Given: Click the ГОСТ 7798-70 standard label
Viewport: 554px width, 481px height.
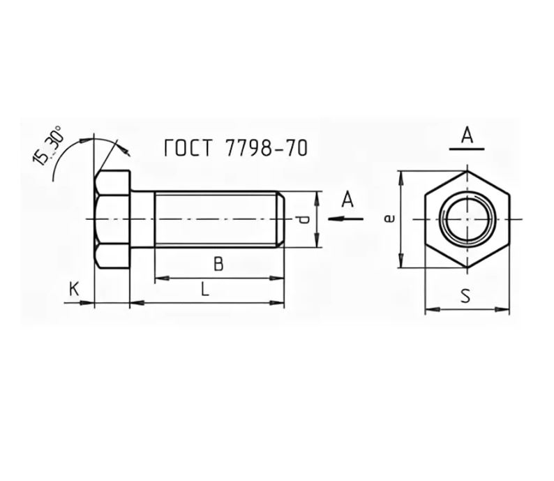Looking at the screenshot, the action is [236, 148].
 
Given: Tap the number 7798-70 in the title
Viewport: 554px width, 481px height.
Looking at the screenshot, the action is [266, 148].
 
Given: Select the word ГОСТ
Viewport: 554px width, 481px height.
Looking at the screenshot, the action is [188, 148].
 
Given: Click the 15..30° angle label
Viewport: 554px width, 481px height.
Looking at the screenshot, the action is [47, 146].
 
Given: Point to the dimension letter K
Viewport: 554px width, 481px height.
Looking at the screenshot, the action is [74, 290].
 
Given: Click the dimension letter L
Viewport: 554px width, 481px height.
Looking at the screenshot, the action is [205, 290].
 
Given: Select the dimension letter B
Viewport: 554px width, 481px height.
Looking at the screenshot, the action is [218, 264].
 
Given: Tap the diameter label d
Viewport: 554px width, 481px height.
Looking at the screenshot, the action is [303, 220].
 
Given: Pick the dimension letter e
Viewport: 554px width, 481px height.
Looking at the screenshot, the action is [389, 219].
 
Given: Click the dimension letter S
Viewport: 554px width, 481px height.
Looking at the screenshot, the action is [465, 296].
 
